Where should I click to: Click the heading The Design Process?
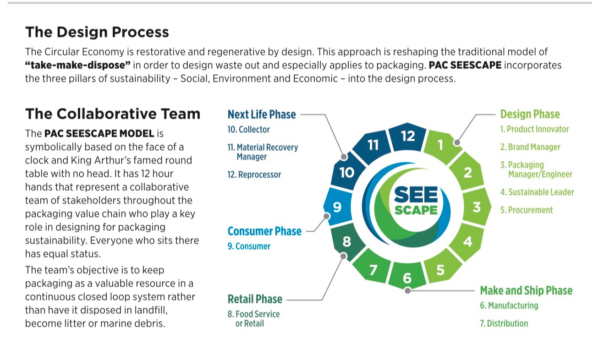click(97, 32)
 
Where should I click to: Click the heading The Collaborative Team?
click(113, 114)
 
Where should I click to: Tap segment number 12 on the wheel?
click(407, 136)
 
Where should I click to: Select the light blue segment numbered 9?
click(337, 207)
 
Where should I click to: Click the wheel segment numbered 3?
click(477, 207)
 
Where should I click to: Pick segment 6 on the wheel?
click(407, 278)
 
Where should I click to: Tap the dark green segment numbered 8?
click(347, 241)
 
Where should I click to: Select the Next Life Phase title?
click(262, 114)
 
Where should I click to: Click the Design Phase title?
click(530, 114)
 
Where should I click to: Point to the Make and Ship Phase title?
click(526, 290)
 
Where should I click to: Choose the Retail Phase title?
click(255, 300)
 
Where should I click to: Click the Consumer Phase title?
click(264, 231)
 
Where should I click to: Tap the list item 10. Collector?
click(248, 130)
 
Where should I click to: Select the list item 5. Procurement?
click(527, 210)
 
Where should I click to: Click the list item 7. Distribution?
click(504, 323)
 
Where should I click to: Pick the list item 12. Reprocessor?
click(254, 175)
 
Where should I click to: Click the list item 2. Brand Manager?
click(530, 147)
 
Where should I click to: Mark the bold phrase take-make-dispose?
click(77, 65)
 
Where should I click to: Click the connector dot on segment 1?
click(457, 142)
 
